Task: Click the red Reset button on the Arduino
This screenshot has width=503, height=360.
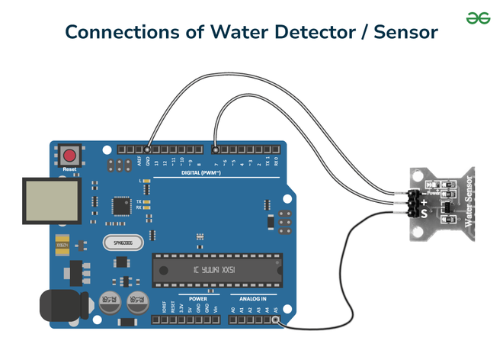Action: [69, 153]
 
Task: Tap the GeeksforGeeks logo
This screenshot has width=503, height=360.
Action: [478, 18]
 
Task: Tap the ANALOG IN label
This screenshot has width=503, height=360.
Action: [253, 299]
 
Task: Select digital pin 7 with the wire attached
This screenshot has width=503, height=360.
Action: [216, 149]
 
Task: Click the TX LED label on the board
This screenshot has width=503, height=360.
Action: [139, 201]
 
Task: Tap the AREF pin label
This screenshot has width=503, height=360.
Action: [139, 162]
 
